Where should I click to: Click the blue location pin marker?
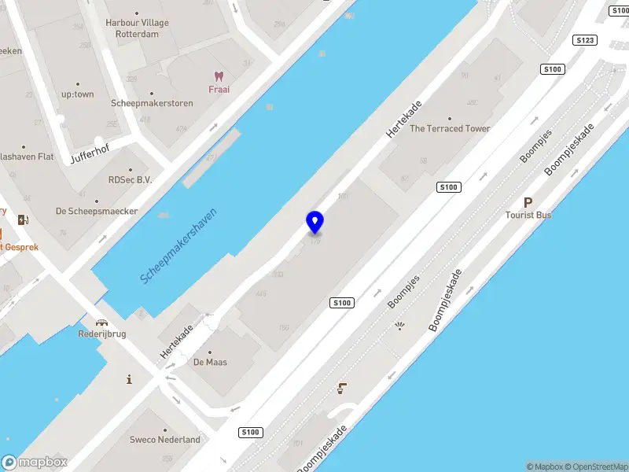coord(314,223)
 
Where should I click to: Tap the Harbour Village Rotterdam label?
coord(138,28)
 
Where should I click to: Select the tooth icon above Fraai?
coord(219,76)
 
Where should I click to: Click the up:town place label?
coord(78,94)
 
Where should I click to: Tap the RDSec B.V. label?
coord(130,179)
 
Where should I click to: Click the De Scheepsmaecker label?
coord(97,212)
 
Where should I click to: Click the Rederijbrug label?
coord(102,334)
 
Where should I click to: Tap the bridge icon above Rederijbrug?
coord(101,322)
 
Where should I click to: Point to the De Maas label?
coord(209,363)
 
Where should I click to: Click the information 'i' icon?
coord(130,380)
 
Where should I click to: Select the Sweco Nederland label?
coord(165,440)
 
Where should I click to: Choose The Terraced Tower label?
coord(450,128)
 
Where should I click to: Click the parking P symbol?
coord(528,202)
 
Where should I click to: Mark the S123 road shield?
coord(583,39)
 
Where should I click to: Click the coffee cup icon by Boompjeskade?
coord(342,386)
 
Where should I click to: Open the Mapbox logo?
coord(35,463)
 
